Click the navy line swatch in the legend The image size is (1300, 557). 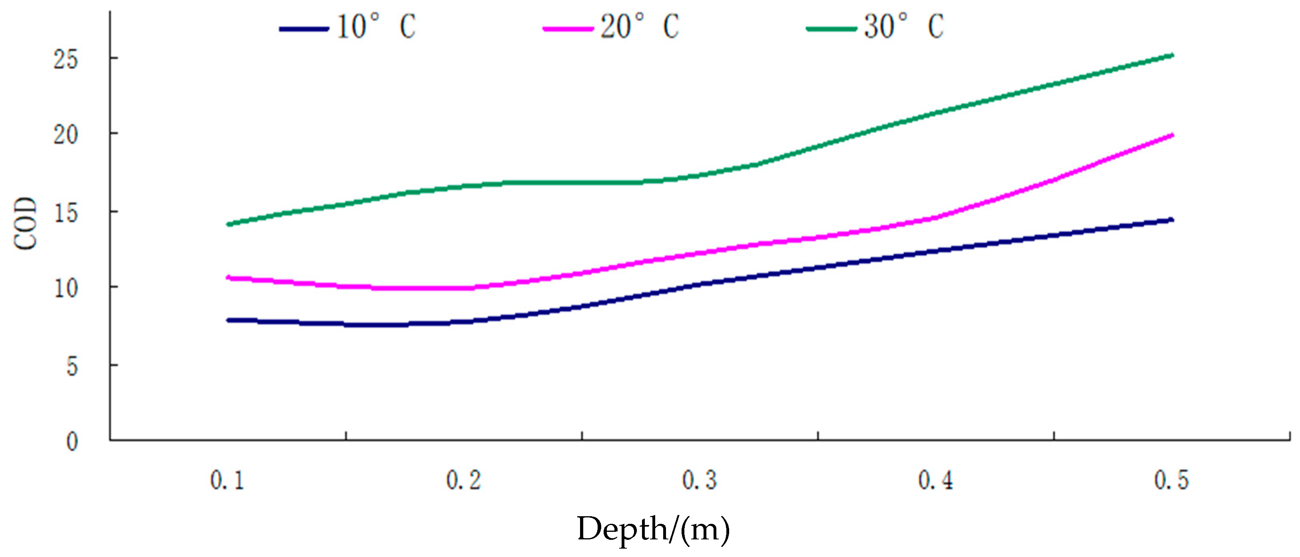point(304,29)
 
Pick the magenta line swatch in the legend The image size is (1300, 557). point(568,29)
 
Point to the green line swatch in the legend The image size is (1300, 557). point(831,29)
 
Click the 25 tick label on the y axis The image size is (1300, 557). point(66,60)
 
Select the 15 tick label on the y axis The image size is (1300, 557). point(66,214)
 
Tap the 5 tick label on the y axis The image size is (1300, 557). point(72,367)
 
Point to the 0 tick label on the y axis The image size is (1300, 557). point(72,442)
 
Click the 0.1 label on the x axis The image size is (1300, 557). point(227,480)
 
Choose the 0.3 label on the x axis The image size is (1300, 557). point(700,480)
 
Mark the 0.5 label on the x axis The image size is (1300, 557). point(1171,480)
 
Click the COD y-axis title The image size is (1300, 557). point(25,223)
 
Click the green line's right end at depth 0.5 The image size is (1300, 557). point(1172,55)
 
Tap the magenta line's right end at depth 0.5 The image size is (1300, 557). point(1172,135)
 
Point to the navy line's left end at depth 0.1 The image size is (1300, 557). point(229,320)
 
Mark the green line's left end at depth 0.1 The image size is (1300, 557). point(229,224)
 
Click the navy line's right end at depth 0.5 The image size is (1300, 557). point(1172,220)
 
